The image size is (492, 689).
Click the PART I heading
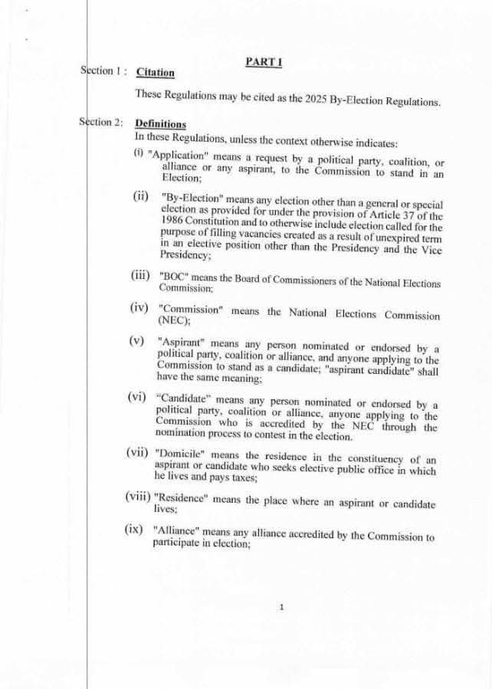point(263,61)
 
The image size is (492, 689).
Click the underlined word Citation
point(155,73)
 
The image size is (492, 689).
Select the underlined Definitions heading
point(160,123)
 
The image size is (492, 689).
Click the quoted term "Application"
point(179,154)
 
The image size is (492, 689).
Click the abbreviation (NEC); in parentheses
point(173,321)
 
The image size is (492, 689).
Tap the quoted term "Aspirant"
point(181,341)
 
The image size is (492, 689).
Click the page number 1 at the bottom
point(281,607)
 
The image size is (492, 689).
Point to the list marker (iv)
point(139,308)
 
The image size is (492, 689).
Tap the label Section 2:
point(100,123)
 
